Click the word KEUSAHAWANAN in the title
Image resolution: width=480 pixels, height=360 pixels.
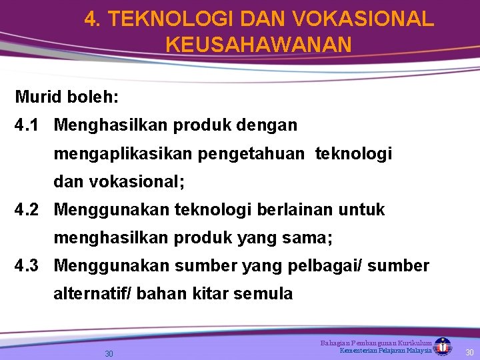[258, 45]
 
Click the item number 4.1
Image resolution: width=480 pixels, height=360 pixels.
[28, 125]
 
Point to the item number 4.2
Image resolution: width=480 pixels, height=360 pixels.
[28, 210]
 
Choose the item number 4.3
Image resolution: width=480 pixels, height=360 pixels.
[28, 266]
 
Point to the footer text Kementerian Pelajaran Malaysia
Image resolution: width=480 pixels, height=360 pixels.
[385, 351]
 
